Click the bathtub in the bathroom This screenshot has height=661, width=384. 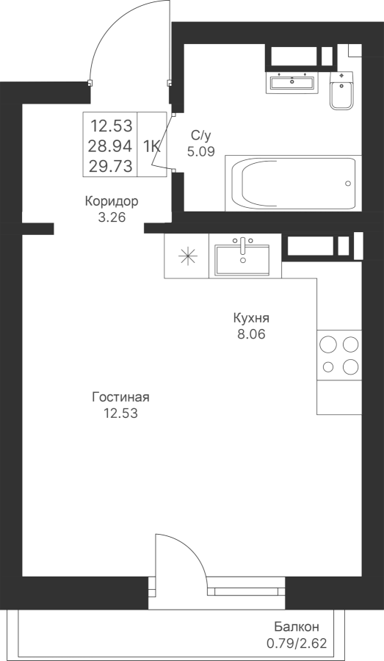coord(294,183)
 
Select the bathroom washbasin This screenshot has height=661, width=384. coord(292,82)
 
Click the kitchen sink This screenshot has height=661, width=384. coord(242,258)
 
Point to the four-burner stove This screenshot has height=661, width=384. coord(339,355)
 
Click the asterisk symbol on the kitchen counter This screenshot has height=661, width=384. coord(187,256)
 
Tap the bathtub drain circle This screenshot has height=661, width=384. coord(348,183)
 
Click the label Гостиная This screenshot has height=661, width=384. coord(121,397)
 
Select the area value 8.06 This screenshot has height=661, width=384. coord(251,334)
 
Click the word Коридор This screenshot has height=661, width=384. coord(112,201)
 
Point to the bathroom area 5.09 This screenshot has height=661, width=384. coord(201,151)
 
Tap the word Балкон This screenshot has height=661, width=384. coord(297,627)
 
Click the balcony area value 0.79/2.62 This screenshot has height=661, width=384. coord(297,643)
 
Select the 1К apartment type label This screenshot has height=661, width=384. coord(151,146)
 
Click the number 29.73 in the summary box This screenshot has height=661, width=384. coord(110,166)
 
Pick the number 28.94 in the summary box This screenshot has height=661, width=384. coord(110,146)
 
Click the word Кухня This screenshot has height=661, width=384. coord(251,318)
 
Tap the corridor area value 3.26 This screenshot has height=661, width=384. coord(112,217)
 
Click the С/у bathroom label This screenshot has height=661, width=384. coord(200,136)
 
